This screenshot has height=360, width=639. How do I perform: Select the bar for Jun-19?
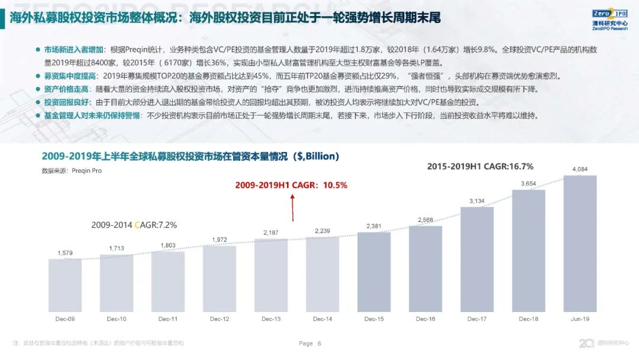click(x=580, y=243)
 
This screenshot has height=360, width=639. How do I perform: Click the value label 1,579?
click(x=65, y=253)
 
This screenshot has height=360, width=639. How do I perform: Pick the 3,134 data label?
click(x=477, y=201)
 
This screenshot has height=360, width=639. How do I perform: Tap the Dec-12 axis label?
click(x=220, y=319)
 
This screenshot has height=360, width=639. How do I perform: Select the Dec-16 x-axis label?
click(x=425, y=319)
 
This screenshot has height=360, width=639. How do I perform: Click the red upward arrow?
click(x=291, y=207)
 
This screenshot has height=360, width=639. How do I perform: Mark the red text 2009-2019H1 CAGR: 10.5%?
click(x=291, y=185)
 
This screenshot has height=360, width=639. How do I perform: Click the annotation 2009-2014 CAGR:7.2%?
click(x=134, y=225)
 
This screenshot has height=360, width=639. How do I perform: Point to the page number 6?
click(x=319, y=343)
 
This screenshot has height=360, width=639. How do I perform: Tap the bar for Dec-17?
click(x=477, y=259)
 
